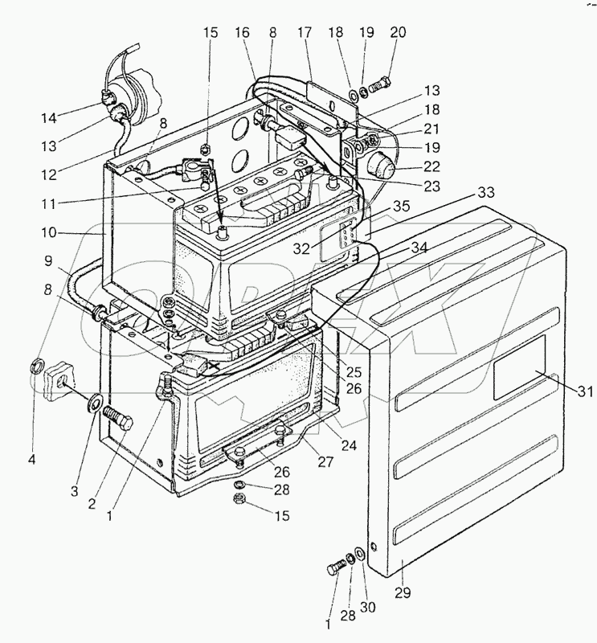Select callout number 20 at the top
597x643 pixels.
click(399, 34)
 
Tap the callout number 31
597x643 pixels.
click(585, 392)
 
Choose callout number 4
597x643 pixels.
click(33, 461)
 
